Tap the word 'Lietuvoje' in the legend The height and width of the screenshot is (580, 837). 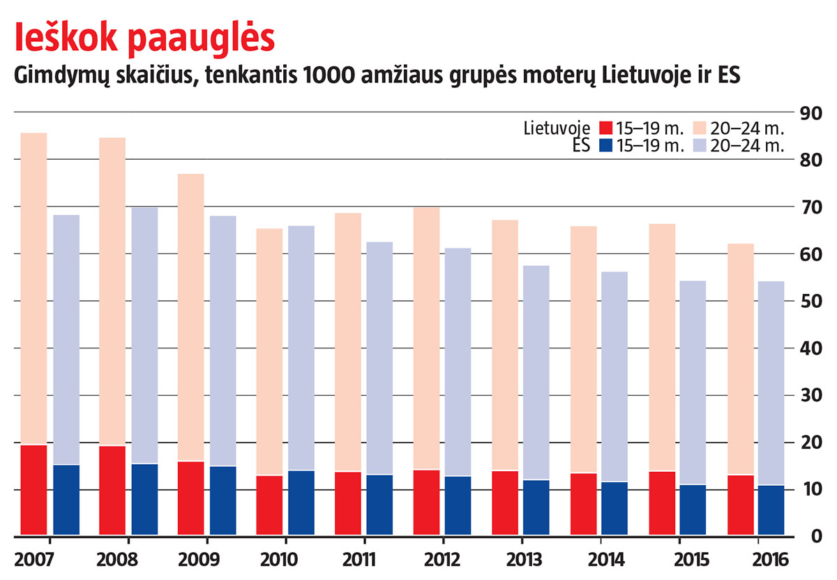pos(557,128)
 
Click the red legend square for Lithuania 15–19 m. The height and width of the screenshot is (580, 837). pos(605,128)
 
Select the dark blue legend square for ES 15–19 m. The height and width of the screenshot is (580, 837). pos(605,146)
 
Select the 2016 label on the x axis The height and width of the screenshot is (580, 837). pos(771,560)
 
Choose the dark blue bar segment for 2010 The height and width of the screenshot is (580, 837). pos(301,503)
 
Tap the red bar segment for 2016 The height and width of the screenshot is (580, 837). pos(741,505)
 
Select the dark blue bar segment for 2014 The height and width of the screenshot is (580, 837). pos(615,509)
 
